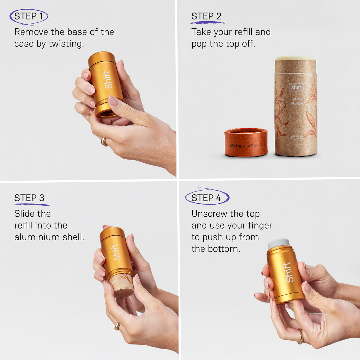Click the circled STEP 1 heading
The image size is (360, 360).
coord(28,16)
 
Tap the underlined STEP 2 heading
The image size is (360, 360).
coord(206,16)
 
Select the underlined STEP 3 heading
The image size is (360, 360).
coord(29,198)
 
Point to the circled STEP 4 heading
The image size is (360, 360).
coord(206,198)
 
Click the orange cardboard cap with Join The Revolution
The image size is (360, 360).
coord(246,142)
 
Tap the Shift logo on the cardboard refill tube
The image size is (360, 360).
coord(296,88)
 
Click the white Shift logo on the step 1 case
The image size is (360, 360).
coord(108,80)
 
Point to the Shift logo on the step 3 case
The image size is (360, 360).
coord(116,252)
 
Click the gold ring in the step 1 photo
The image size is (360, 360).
coord(104,142)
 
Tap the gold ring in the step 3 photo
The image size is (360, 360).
coord(117,326)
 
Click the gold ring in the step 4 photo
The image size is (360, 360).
coord(300,337)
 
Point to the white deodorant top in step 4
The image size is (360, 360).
coord(278,243)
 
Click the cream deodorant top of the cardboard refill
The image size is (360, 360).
coord(295,58)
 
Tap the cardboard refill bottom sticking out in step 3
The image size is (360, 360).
coord(122,287)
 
